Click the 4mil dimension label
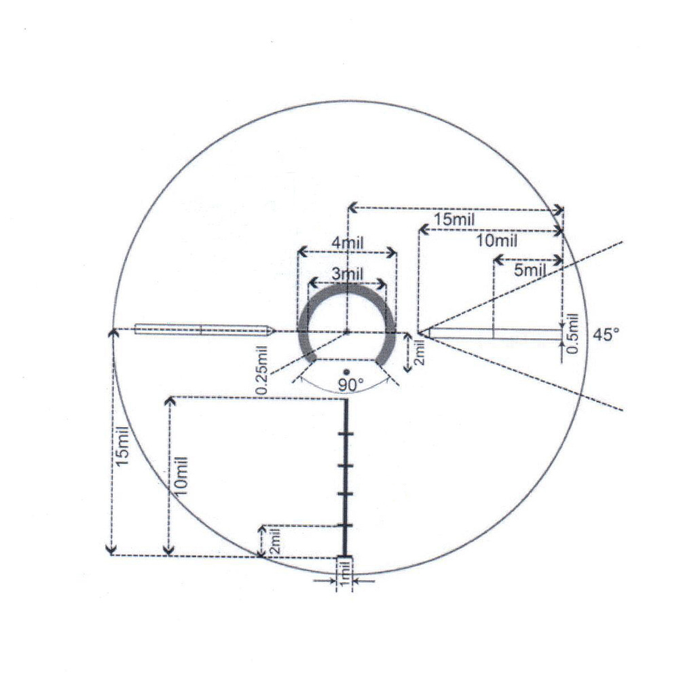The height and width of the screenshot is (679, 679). click(x=348, y=243)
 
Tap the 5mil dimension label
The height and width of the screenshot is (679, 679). click(x=530, y=270)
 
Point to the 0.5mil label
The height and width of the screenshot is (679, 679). click(x=573, y=333)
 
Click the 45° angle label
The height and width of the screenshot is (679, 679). click(x=606, y=335)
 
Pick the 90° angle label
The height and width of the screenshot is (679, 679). click(x=350, y=384)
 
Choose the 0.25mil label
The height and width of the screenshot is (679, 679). click(x=262, y=370)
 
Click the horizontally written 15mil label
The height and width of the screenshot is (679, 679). click(x=455, y=219)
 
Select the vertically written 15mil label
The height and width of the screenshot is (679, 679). click(x=122, y=446)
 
